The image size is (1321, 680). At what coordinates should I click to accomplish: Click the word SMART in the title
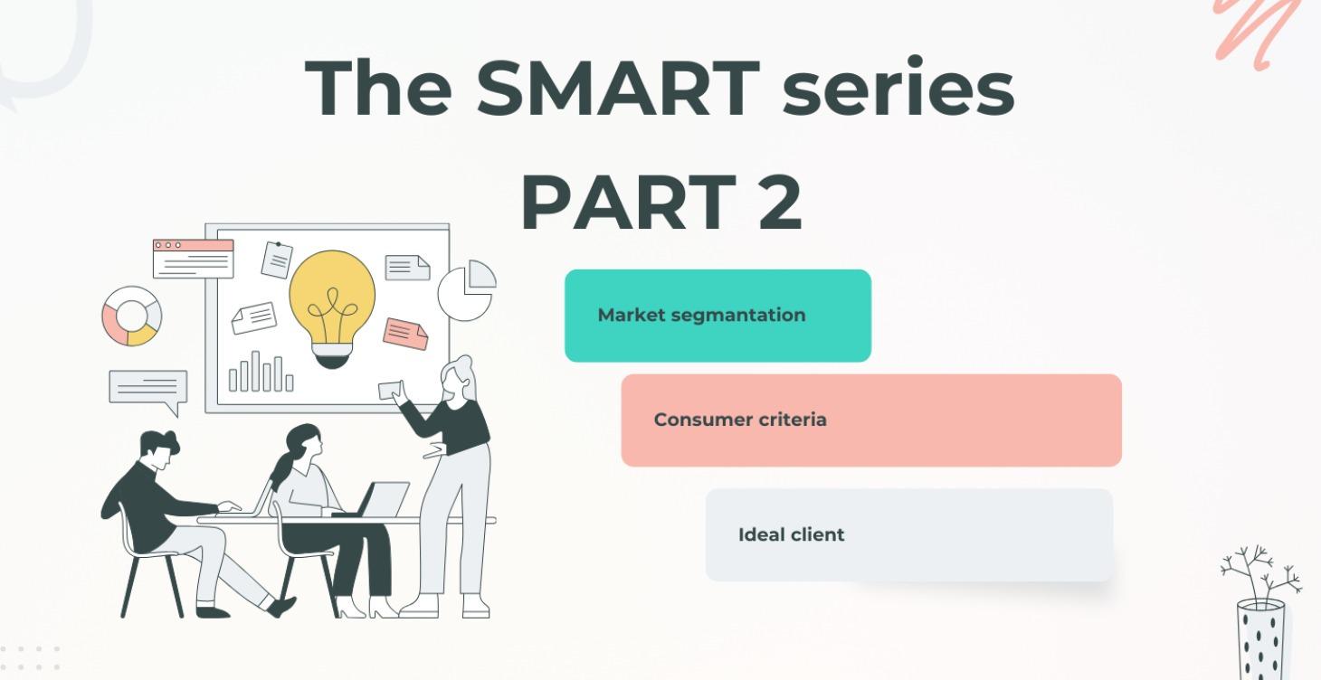pos(617,89)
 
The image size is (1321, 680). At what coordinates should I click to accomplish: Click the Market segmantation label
pos(701,316)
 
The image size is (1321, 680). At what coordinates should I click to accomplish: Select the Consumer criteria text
pos(740,420)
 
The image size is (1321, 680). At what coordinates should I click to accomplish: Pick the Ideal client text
pos(792,535)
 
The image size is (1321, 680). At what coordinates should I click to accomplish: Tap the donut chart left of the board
pos(131,316)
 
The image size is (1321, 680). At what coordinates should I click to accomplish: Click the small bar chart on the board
pos(261,372)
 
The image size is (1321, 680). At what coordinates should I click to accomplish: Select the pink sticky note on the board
pos(405,334)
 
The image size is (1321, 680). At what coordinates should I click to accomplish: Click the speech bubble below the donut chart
pos(147,390)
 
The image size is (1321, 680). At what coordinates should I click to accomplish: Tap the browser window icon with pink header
pos(193,258)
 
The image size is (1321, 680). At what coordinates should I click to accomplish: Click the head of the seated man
pos(158,449)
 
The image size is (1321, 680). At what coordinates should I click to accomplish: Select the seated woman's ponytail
pos(281,471)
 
